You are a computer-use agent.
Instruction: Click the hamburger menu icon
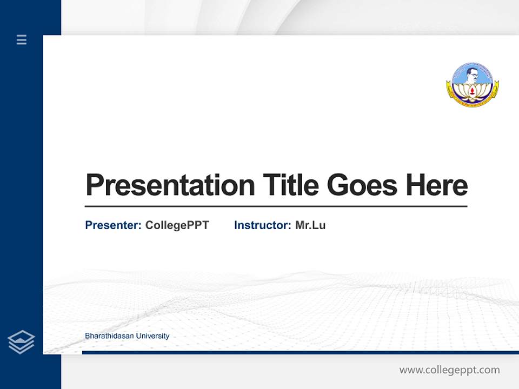[22, 39]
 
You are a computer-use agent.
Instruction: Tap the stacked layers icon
[21, 342]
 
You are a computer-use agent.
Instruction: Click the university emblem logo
[473, 84]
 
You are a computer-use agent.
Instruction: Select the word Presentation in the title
[170, 185]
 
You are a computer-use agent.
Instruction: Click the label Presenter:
[113, 225]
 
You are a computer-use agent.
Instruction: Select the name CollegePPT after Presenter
[177, 225]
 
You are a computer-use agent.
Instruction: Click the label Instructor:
[262, 225]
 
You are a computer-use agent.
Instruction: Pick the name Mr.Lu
[310, 225]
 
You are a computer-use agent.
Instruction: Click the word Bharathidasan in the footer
[109, 336]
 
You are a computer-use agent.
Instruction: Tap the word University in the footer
[152, 336]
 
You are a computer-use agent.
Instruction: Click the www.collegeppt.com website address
[449, 370]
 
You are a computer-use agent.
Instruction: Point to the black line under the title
[276, 206]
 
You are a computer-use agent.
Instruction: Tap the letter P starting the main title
[94, 185]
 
